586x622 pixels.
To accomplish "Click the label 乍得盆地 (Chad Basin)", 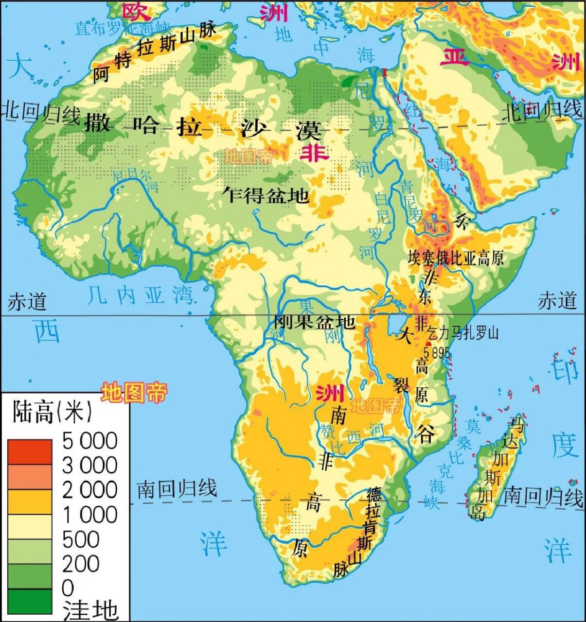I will pos(266,195).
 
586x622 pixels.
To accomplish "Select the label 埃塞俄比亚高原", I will pos(456,258).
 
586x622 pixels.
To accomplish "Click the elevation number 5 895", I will pos(436,352).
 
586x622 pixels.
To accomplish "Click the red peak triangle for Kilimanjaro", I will pos(427,344).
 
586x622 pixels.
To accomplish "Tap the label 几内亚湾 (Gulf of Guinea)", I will pos(141,294).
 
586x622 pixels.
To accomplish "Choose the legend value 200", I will pos(81,564).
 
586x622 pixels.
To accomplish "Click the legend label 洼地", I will pos(90,610).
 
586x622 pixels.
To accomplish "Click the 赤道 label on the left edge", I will pos(27,302).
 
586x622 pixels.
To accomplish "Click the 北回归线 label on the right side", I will pos(541,112).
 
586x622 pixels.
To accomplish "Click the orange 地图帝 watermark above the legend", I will pos(134,392).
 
